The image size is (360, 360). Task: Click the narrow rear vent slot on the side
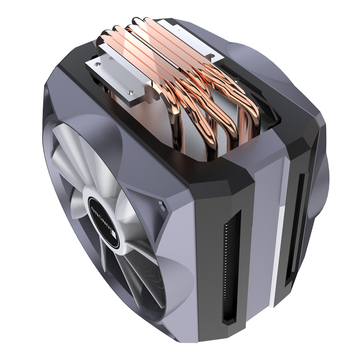297,225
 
